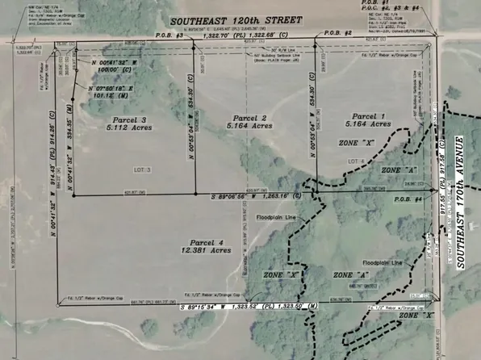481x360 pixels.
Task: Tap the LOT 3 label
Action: (x=142, y=171)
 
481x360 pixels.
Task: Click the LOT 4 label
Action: (x=357, y=161)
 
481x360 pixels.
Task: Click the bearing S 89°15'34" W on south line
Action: (x=212, y=308)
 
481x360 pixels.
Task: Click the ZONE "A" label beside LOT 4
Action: (x=399, y=172)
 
